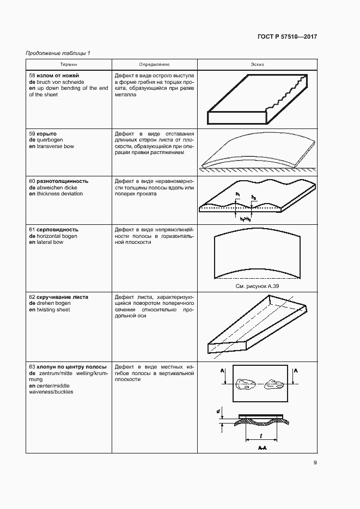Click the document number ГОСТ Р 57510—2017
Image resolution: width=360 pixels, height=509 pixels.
(x=286, y=37)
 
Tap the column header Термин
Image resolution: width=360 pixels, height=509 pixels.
(x=68, y=64)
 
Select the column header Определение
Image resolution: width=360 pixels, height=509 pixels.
(x=154, y=64)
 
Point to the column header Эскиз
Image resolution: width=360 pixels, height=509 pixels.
(x=257, y=64)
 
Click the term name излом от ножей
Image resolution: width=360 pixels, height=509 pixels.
(x=58, y=75)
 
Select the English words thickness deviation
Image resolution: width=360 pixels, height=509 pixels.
(x=59, y=194)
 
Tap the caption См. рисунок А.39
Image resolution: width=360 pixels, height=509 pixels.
(x=257, y=285)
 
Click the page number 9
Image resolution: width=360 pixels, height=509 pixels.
(x=315, y=463)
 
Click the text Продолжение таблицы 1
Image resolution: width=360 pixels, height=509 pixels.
(x=58, y=53)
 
